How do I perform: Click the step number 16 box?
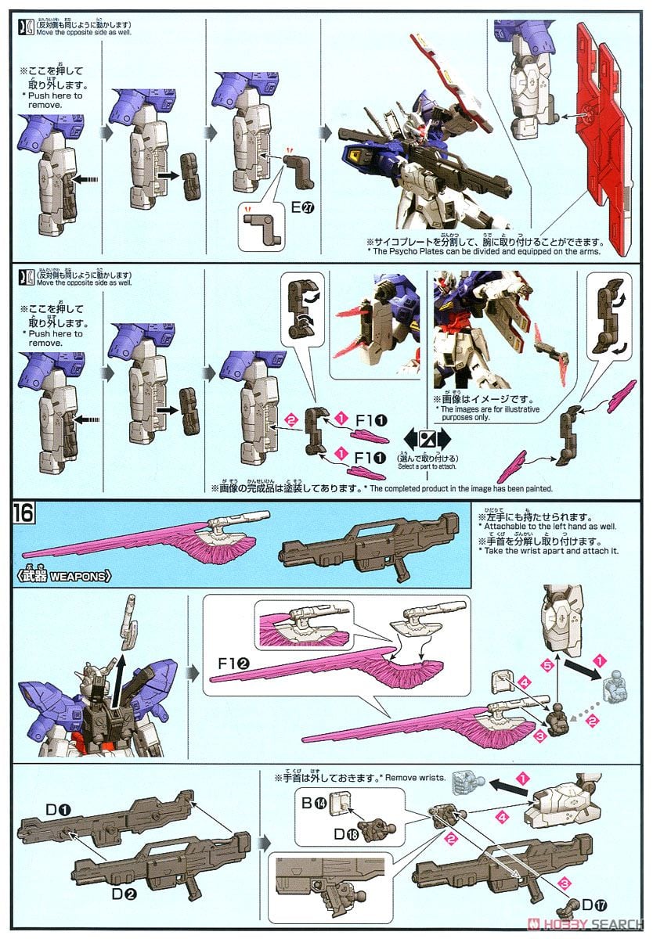(x=23, y=514)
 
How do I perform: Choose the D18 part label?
(x=343, y=836)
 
